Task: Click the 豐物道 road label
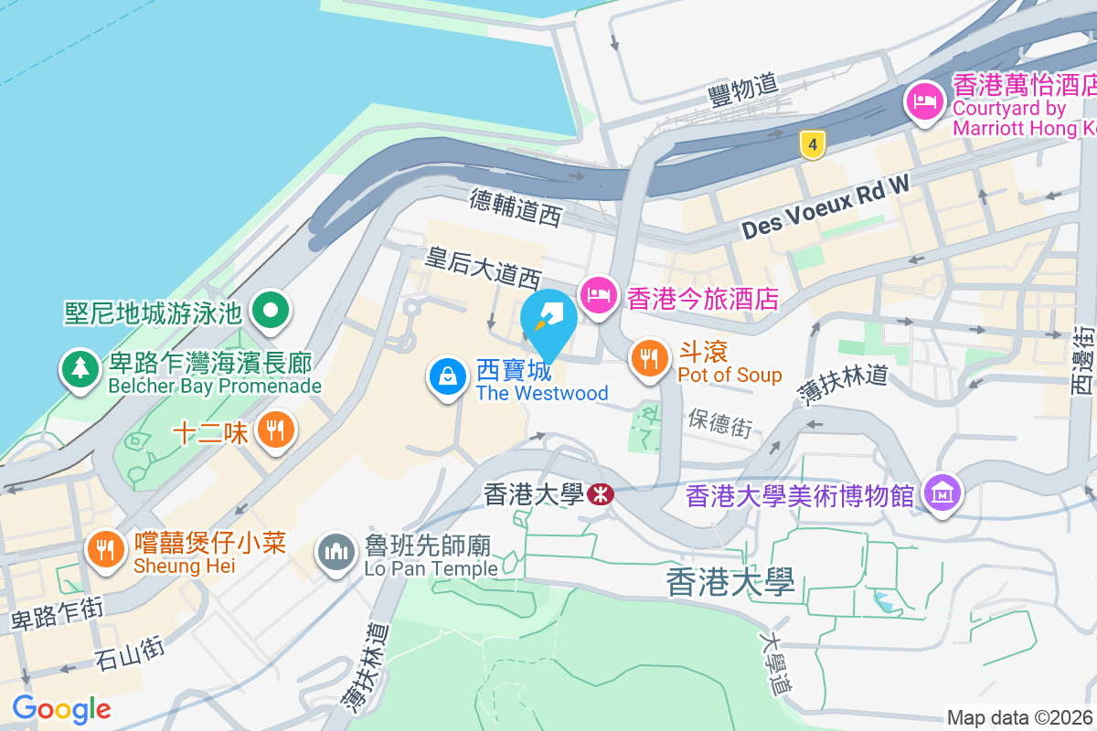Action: pos(743,89)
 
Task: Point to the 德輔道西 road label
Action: pos(515,207)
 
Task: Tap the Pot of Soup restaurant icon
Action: pos(650,357)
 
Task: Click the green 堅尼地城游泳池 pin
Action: pos(270,311)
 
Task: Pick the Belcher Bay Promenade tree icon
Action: pos(80,368)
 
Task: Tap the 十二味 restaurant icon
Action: pos(273,429)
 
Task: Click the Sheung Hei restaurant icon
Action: pos(106,548)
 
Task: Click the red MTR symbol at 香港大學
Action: pos(601,494)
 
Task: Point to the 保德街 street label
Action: pos(720,421)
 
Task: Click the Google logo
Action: pos(61,708)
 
